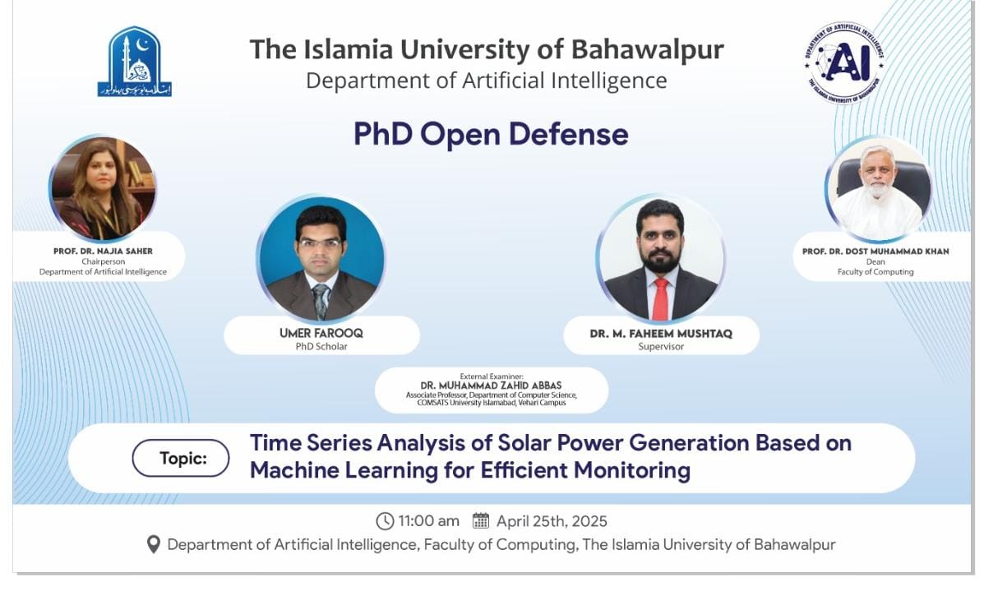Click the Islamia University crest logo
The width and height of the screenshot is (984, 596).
[135, 62]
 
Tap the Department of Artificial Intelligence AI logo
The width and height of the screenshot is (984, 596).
[844, 62]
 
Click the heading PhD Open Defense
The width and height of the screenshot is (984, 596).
[491, 133]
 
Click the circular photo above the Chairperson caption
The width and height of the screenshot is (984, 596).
[103, 189]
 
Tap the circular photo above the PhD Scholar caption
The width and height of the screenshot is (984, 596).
[321, 257]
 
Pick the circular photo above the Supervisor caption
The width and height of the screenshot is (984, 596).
[661, 258]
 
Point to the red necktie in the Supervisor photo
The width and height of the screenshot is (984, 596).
[660, 297]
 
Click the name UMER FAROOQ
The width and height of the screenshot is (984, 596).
[321, 333]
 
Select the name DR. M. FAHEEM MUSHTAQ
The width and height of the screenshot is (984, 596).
[661, 333]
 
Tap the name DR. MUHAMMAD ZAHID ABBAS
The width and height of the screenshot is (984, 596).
[492, 386]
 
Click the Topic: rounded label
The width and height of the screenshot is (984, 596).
[181, 459]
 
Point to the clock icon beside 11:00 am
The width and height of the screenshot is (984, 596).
[385, 521]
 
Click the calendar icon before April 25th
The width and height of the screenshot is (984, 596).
[481, 520]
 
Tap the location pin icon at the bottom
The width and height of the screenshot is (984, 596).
[153, 545]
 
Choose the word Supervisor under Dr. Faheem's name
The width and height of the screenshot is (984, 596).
[661, 347]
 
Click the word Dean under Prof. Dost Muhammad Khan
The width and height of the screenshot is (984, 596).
[875, 262]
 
